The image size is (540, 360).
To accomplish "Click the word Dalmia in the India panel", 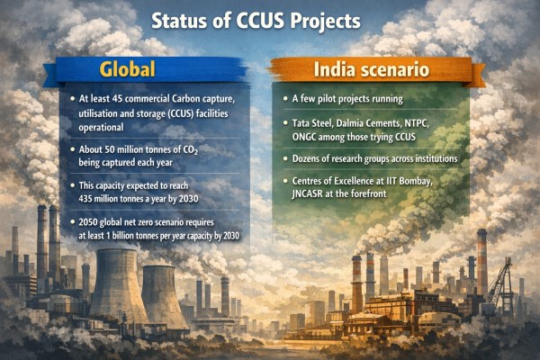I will coord(356,123).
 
